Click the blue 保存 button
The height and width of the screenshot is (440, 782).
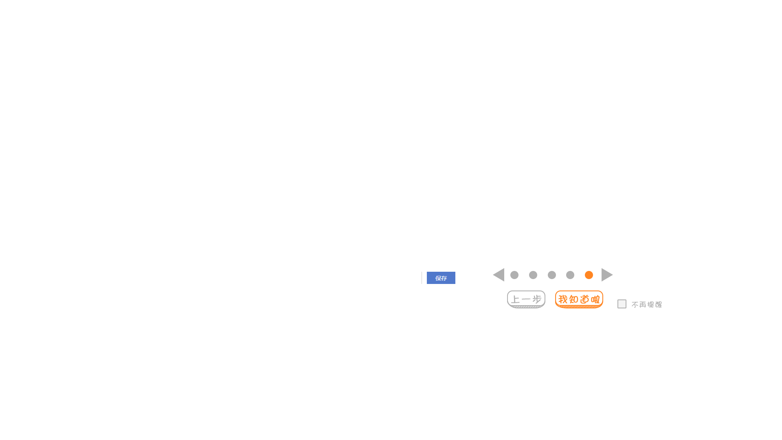[x=441, y=278]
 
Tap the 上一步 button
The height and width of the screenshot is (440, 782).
[x=526, y=299]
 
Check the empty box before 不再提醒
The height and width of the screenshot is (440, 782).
[x=622, y=304]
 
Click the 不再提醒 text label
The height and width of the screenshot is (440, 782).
[x=647, y=304]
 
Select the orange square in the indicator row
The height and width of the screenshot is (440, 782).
[x=589, y=275]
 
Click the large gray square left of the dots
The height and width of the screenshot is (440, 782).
[x=498, y=275]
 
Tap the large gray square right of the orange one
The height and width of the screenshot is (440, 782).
[x=607, y=275]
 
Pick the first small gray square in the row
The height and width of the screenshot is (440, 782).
[x=514, y=275]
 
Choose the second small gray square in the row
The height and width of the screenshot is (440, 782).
[x=533, y=275]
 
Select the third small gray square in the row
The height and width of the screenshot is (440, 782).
[x=551, y=275]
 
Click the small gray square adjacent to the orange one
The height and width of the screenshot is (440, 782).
[x=570, y=275]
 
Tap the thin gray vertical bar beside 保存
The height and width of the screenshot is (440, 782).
[x=421, y=278]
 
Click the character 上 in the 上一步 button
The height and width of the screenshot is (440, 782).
[x=516, y=300]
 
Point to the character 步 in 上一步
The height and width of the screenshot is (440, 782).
[x=536, y=300]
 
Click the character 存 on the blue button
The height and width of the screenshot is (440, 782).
[x=444, y=278]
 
